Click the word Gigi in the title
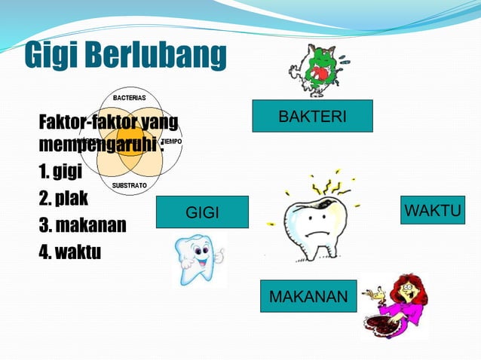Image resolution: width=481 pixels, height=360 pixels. [51, 56]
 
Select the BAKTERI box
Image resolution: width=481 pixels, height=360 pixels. [312, 116]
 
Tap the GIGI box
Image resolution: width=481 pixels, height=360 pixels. [202, 212]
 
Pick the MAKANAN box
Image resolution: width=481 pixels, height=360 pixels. [308, 296]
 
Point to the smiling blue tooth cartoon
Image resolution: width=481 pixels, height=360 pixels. [197, 259]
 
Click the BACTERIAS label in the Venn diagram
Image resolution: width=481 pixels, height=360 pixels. [130, 98]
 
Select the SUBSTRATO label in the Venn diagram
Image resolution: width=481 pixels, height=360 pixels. [130, 185]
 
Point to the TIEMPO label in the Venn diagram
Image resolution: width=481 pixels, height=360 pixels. [172, 142]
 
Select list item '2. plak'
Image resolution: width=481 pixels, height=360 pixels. [63, 199]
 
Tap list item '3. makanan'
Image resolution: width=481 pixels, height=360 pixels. [82, 225]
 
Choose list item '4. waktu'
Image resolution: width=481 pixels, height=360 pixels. [69, 252]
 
